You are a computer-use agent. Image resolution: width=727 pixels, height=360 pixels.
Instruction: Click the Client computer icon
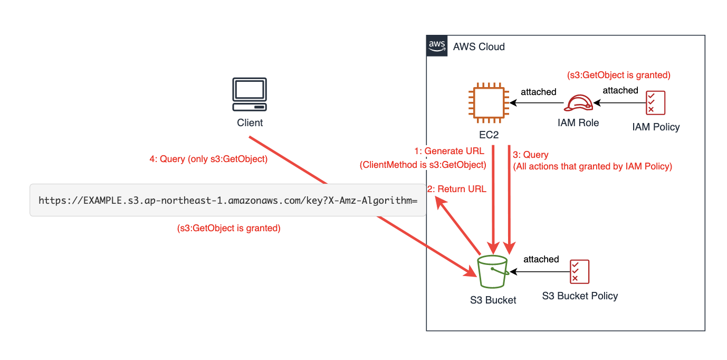coord(250,94)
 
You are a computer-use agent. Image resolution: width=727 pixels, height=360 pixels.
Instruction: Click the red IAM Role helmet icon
coord(578,103)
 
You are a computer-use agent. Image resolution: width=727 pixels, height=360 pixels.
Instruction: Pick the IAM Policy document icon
coord(656,103)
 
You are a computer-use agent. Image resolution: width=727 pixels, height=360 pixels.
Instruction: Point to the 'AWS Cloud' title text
coord(479,47)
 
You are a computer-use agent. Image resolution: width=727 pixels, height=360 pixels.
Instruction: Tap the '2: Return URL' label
coord(456,189)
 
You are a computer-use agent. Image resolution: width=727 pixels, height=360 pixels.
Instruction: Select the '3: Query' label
coord(531,155)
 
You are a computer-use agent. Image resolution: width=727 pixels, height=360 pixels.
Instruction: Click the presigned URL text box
coord(228,201)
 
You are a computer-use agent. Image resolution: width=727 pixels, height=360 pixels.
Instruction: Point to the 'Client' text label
coord(250,123)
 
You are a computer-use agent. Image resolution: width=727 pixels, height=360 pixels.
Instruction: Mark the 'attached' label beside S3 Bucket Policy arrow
coord(541,259)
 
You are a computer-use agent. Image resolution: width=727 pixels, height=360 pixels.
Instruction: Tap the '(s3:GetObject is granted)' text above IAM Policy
coord(618,75)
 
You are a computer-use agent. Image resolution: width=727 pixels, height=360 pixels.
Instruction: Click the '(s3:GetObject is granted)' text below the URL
coord(228,229)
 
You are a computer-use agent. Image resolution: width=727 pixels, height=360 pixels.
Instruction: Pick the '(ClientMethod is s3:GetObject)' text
coord(423,165)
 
